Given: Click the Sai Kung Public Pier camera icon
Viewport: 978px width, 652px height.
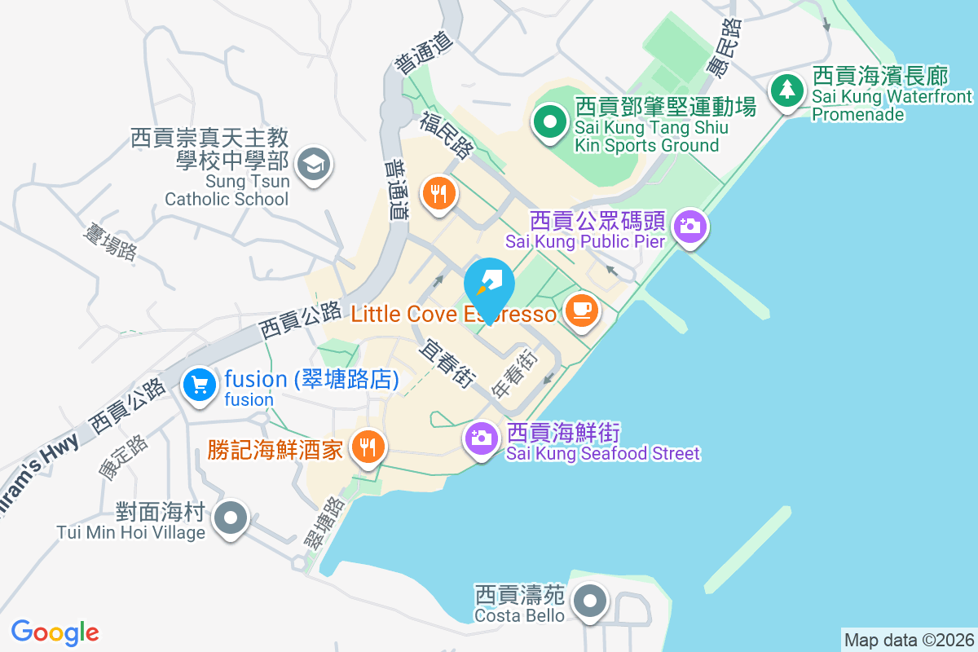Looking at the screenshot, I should tap(690, 225).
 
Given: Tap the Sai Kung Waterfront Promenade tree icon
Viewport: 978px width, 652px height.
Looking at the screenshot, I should tap(787, 90).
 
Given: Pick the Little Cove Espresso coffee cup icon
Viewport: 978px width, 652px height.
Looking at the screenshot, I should tap(581, 310).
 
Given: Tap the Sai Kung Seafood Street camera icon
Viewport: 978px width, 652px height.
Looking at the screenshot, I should tap(482, 438).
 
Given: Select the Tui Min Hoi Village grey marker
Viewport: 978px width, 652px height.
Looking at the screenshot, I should tap(231, 517).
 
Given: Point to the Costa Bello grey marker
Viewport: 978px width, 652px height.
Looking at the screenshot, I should tap(589, 602).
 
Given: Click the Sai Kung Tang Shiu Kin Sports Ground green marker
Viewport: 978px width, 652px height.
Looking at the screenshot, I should tap(550, 123).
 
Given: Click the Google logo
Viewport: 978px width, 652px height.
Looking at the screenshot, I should tap(55, 632).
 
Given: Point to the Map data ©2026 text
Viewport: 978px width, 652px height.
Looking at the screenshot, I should tap(908, 640).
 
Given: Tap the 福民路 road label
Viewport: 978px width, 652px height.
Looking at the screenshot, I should tap(447, 135).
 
